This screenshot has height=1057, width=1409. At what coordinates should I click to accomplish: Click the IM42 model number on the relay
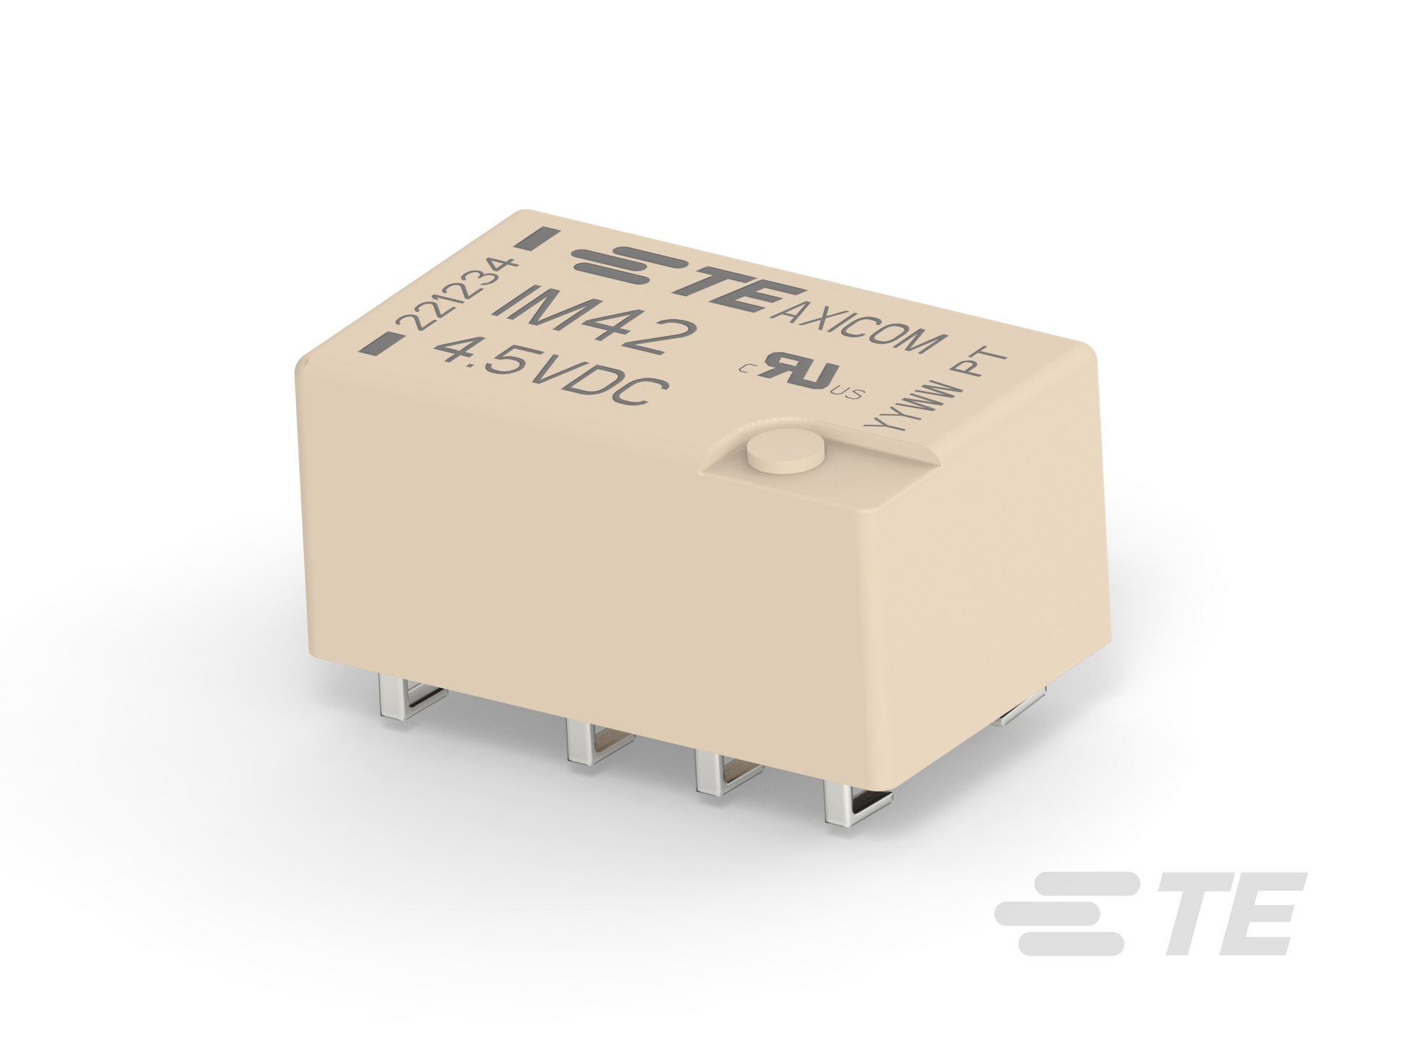(x=594, y=323)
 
